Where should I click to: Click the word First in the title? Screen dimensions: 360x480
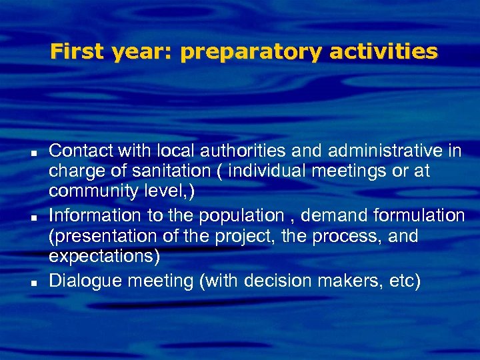tap(75, 51)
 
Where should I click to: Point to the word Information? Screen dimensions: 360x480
tap(95, 215)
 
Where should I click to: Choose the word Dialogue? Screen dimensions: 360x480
tap(85, 281)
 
